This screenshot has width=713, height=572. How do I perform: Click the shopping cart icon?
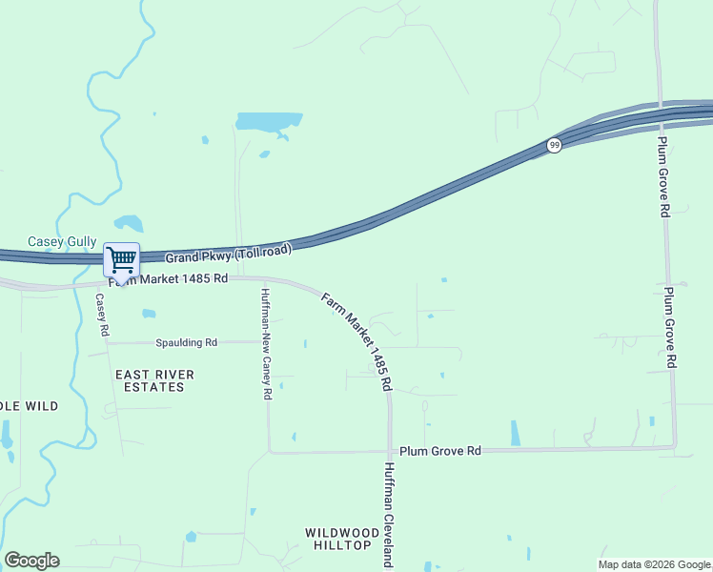click(121, 259)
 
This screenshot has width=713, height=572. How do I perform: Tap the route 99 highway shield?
click(554, 144)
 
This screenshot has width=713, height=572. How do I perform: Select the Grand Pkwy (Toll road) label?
click(227, 256)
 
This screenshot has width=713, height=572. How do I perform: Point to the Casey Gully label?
click(62, 242)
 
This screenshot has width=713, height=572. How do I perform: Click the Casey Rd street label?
click(101, 316)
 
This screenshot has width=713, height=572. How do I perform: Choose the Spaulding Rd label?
click(185, 342)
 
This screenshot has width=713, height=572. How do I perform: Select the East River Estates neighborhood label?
click(154, 380)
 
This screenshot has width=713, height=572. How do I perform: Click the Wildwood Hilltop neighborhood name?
click(336, 538)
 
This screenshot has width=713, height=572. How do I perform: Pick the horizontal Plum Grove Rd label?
click(440, 450)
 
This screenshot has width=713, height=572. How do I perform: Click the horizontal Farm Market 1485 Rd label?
click(168, 279)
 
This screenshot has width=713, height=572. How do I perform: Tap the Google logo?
click(31, 561)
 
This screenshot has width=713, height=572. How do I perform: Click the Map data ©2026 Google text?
click(654, 564)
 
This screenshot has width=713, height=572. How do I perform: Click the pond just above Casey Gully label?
click(128, 224)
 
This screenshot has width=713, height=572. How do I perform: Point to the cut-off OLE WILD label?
click(29, 406)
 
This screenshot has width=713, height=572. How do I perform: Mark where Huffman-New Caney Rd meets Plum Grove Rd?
click(270, 452)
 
